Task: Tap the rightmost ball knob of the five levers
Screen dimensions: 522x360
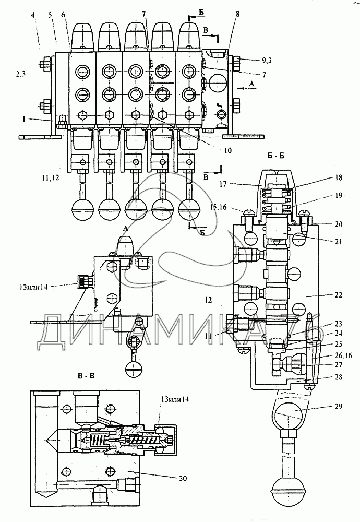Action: click(x=189, y=210)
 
